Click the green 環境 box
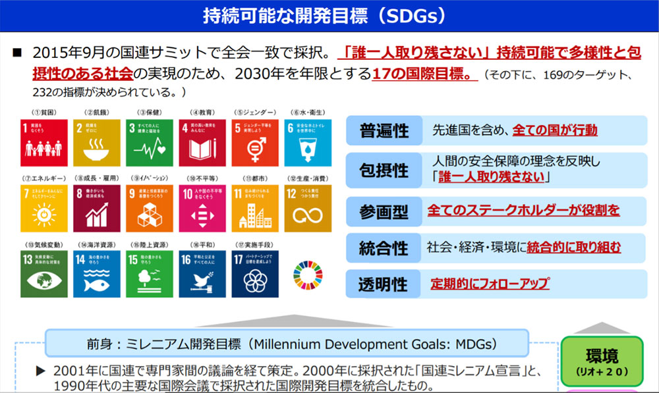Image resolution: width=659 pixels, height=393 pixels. point(602,361)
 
